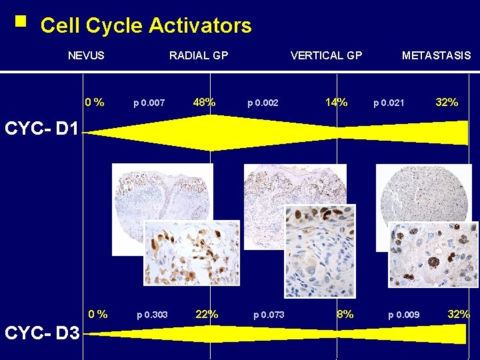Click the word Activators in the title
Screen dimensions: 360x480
pos(200,26)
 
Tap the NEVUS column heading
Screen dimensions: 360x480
pos(86,55)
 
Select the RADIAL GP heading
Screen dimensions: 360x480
pos(199,55)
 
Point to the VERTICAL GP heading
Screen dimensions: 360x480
pos(326,55)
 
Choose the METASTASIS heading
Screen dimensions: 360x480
pos(436,55)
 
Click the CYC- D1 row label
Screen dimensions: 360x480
pos(41,128)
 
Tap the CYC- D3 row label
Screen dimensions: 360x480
pos(41,332)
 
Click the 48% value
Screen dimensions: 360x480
pos(204,103)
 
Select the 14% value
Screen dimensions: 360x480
pos(336,103)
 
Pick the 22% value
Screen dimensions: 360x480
pos(207,314)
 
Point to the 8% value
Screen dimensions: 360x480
pos(345,314)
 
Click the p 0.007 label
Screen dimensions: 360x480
pos(149,103)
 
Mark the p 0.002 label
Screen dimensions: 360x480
pos(263,103)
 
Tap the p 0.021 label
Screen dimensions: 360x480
pos(389,103)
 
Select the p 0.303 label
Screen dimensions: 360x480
pos(152,315)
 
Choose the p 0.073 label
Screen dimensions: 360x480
pos(269,315)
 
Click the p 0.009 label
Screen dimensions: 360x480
pos(404,315)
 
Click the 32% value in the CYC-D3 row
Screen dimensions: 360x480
pos(459,314)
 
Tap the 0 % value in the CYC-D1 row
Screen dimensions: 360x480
pos(94,103)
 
